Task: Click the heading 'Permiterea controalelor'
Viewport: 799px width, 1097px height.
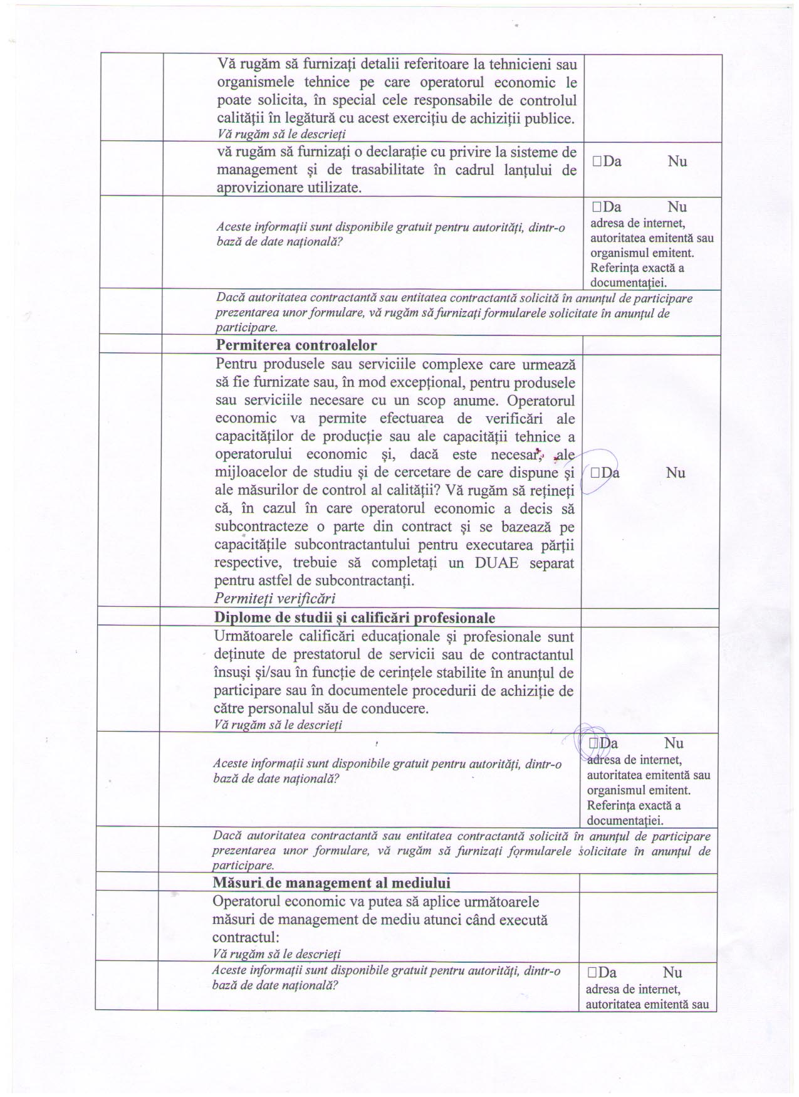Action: [296, 345]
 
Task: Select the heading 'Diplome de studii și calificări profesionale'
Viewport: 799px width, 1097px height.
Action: [355, 618]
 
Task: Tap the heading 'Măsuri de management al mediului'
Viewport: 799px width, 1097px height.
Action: [332, 883]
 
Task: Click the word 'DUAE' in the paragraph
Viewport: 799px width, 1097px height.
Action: [496, 562]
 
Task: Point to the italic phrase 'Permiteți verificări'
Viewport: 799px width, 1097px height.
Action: [275, 598]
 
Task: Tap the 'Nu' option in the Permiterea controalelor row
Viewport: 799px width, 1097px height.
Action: [675, 473]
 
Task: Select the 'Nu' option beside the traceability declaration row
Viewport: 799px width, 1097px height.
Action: [677, 162]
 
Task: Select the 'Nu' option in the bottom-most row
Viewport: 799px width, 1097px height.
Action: [672, 973]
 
